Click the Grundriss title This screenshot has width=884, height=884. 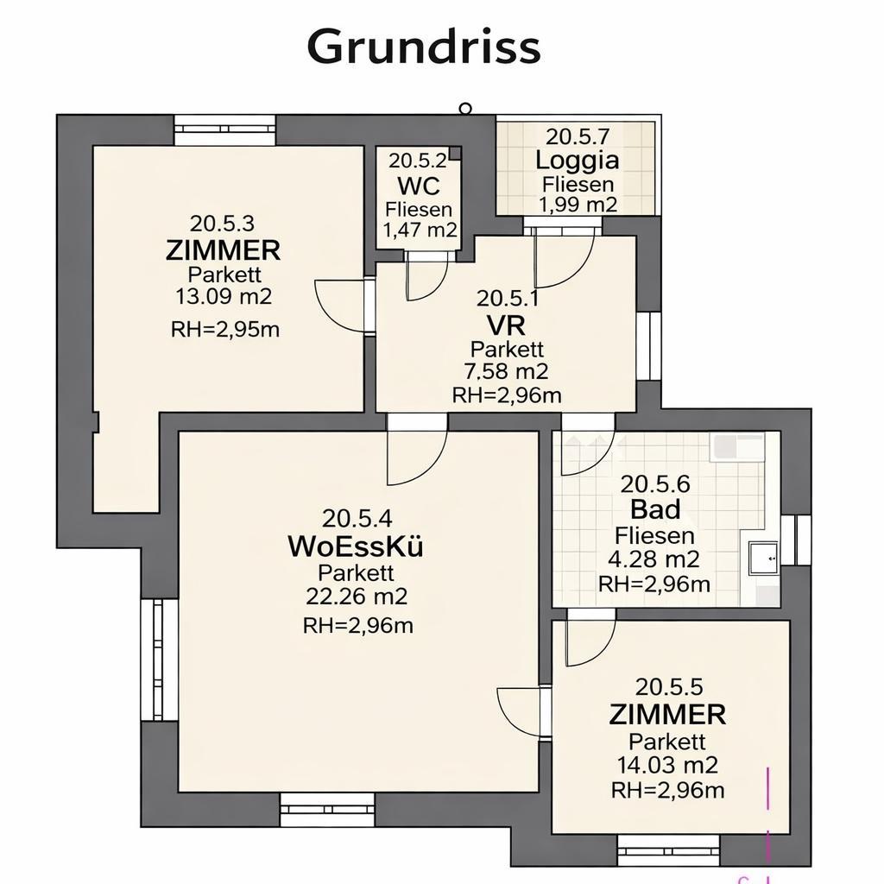[x=424, y=47]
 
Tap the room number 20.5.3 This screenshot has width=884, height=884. [x=222, y=223]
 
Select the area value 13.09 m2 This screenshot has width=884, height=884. [x=224, y=297]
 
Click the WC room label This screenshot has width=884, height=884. [x=419, y=186]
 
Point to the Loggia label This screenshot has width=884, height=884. [x=577, y=161]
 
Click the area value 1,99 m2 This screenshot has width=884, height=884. [x=578, y=205]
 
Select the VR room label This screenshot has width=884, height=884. [x=506, y=325]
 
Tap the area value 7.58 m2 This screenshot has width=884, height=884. [x=507, y=372]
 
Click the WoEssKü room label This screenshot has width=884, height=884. [x=356, y=546]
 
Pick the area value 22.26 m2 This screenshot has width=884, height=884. [x=357, y=597]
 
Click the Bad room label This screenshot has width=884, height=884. [x=655, y=508]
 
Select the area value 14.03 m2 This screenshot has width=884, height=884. [x=667, y=765]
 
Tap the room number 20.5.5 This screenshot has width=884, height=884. [x=668, y=687]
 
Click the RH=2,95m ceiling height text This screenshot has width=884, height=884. [x=224, y=329]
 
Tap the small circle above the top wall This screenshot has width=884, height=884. [x=465, y=108]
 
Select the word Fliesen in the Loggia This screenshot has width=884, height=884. [x=578, y=184]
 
